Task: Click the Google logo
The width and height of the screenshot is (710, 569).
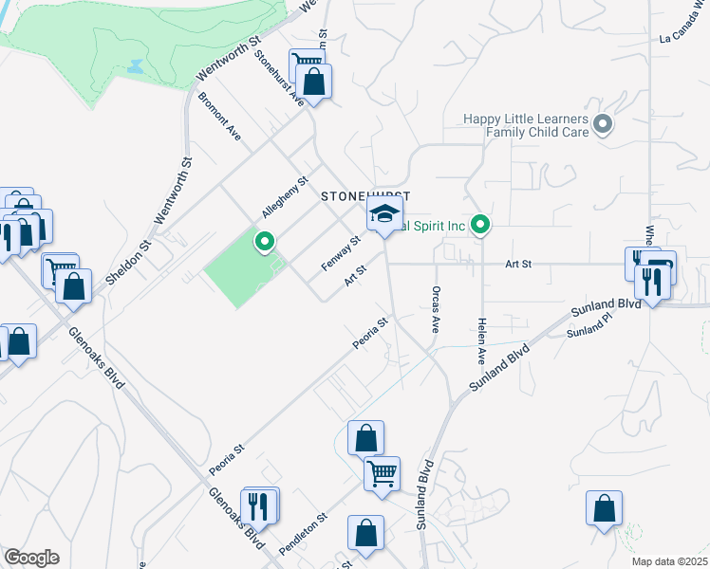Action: pos(31,558)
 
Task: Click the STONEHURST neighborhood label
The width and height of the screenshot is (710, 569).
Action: pos(365,195)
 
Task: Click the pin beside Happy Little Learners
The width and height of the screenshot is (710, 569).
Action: pos(603,124)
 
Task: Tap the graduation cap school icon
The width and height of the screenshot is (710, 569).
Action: pos(384,215)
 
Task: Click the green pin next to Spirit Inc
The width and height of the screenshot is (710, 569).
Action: pos(481,226)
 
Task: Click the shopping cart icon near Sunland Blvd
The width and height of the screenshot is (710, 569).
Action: pos(382,471)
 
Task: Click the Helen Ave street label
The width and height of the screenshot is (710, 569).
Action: pos(482,342)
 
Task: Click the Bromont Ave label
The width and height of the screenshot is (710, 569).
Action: pos(219,117)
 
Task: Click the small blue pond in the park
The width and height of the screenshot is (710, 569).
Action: pos(134,67)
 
